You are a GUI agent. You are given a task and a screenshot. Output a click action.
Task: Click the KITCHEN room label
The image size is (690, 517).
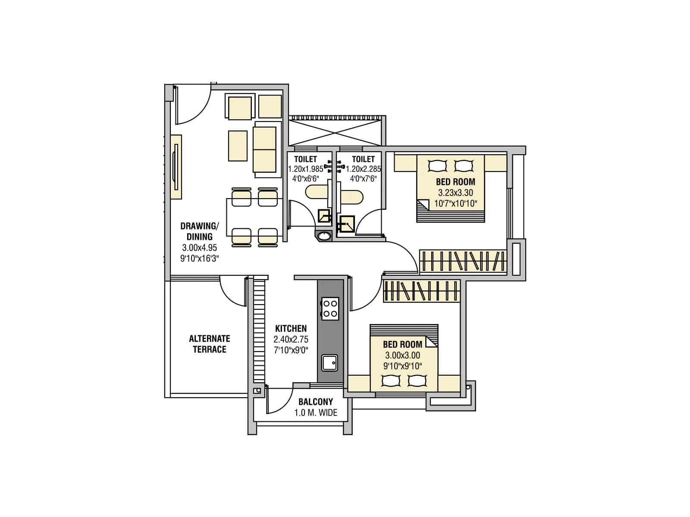(x=291, y=328)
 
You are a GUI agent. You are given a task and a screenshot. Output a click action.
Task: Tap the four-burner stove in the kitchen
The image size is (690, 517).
(x=330, y=308)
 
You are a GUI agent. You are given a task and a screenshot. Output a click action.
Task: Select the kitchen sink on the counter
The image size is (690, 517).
(x=330, y=362)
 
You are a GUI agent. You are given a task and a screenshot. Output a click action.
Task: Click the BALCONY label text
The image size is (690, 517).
(x=316, y=402)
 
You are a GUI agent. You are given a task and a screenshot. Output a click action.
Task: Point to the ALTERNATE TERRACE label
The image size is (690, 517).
(x=210, y=344)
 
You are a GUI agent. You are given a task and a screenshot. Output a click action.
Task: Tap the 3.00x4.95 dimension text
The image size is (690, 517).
(x=199, y=248)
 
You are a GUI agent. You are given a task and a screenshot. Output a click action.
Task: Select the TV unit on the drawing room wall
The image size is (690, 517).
(x=176, y=167)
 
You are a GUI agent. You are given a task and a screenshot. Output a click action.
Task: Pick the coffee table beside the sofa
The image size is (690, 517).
(x=238, y=146)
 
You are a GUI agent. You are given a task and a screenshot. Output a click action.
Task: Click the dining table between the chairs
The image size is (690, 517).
(x=254, y=217)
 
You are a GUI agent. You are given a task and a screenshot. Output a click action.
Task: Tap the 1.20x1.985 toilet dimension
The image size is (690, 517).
(x=305, y=169)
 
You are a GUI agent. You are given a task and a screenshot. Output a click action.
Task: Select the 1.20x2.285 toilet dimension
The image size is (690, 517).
(x=363, y=169)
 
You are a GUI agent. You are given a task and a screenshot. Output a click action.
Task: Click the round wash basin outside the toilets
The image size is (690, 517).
(x=324, y=236)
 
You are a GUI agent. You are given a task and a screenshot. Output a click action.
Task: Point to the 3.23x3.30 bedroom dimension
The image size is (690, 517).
(x=455, y=193)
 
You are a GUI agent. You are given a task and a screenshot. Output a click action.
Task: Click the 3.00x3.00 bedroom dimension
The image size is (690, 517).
(x=402, y=355)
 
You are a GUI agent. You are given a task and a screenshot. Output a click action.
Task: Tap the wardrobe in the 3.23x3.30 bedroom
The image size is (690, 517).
(x=462, y=261)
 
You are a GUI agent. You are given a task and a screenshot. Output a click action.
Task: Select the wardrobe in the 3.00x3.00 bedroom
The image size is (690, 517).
(x=421, y=291)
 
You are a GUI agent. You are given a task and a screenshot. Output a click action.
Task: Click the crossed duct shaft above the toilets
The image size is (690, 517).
(x=335, y=132)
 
